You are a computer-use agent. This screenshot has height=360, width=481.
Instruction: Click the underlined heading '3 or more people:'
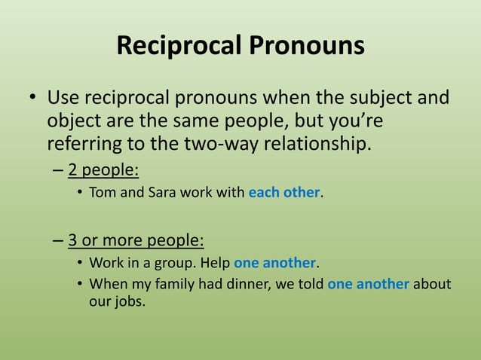136,240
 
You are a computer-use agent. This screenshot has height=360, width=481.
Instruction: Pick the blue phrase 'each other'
284,192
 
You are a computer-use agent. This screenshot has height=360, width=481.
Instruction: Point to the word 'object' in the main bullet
73,121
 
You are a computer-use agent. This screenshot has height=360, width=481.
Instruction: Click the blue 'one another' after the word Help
274,264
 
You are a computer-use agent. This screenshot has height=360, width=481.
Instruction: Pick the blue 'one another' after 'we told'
368,285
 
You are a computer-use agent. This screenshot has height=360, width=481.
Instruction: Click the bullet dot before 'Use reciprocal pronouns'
32,99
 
